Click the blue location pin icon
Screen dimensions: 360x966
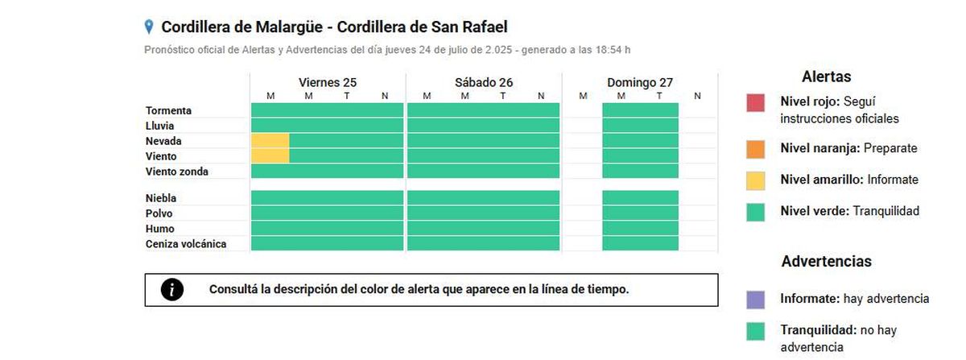pos(149,27)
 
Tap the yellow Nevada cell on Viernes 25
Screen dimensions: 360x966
pos(270,141)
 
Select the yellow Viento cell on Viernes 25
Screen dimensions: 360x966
pos(270,155)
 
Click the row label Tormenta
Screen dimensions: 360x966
pos(168,110)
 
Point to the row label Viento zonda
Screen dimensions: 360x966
pos(177,172)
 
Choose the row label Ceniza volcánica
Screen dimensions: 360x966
pos(186,244)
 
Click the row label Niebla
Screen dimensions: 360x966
pos(161,198)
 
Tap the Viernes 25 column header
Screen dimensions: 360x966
pos(327,82)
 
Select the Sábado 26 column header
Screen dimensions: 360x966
pos(483,82)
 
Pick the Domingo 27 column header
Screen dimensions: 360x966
pos(640,82)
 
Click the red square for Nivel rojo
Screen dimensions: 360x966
pos(755,103)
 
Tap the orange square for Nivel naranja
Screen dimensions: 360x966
pos(755,149)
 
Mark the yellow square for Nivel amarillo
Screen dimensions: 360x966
pos(755,180)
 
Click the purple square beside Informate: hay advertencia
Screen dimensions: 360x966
pos(755,300)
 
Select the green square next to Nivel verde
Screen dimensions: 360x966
pos(755,212)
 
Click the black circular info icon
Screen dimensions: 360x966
pos(172,290)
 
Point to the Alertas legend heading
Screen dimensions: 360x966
pos(826,77)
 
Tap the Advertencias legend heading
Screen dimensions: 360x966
pos(826,262)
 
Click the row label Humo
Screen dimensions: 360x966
pos(159,229)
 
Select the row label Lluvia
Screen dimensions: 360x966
pos(160,126)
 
